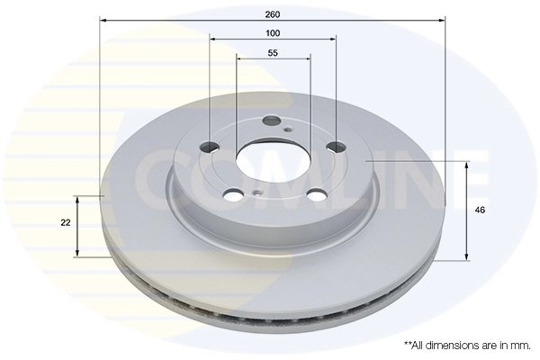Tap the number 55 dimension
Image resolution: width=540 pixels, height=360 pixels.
click(273, 52)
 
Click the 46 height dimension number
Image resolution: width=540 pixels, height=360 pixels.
click(481, 211)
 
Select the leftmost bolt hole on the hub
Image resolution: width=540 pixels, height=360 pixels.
click(211, 148)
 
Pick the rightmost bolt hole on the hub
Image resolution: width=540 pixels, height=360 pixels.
click(336, 147)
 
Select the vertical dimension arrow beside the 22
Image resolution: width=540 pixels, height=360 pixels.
click(78, 225)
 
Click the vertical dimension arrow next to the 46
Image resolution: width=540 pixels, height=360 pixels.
click(467, 211)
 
